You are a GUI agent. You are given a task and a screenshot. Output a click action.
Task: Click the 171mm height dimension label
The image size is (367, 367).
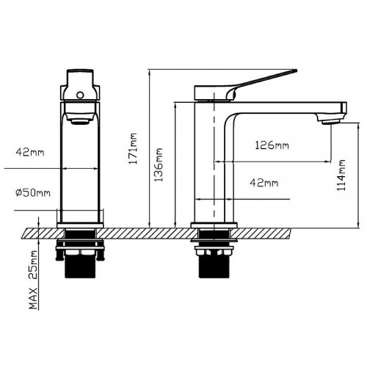pyautogui.click(x=134, y=148)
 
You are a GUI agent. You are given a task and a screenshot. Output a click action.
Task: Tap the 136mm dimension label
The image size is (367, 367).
pyautogui.click(x=159, y=164)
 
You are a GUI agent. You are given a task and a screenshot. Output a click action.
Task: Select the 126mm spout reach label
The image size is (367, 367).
pyautogui.click(x=272, y=145)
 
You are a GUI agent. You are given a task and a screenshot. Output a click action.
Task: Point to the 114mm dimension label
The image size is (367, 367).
pyautogui.click(x=341, y=175)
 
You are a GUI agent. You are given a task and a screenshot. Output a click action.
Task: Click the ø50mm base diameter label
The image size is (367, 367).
pyautogui.click(x=33, y=193)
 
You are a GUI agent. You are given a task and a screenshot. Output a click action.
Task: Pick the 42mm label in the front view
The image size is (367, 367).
pyautogui.click(x=30, y=153)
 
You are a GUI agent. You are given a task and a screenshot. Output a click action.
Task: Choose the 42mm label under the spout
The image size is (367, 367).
pyautogui.click(x=264, y=183)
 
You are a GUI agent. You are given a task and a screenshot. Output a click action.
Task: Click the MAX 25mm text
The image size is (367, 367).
pyautogui.click(x=33, y=280)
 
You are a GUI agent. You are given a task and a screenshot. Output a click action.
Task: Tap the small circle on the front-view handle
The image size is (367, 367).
pyautogui.click(x=80, y=95)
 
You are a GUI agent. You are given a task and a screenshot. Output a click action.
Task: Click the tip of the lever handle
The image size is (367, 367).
pyautogui.click(x=296, y=71)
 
